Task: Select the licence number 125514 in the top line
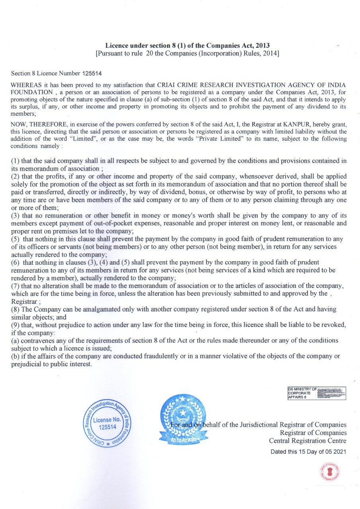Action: click(x=94, y=73)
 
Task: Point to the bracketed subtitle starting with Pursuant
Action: click(x=187, y=53)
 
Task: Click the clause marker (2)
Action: click(x=16, y=176)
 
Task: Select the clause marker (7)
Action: click(x=16, y=286)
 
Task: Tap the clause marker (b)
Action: click(x=16, y=356)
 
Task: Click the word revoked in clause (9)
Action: click(x=333, y=325)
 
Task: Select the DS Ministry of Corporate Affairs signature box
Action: click(x=316, y=393)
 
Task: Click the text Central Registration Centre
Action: click(x=307, y=441)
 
